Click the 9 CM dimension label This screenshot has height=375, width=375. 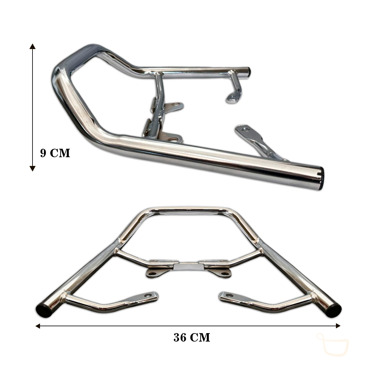pos(55,153)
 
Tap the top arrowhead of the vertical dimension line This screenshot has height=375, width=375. pos(32,46)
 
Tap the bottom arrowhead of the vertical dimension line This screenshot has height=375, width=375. pos(32,168)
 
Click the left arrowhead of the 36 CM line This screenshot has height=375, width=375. pos(38,326)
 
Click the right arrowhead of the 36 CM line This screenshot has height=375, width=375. pos(338,326)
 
